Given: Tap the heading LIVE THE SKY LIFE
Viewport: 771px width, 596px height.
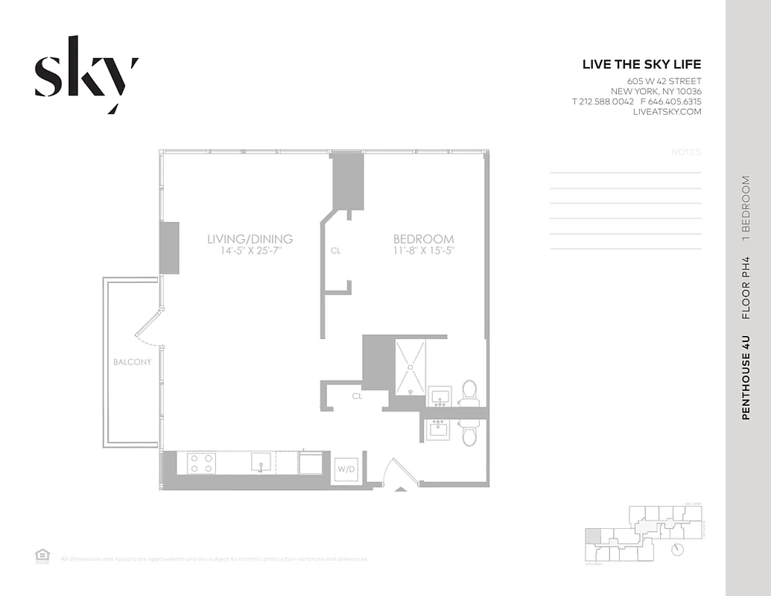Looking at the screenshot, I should point(641,65).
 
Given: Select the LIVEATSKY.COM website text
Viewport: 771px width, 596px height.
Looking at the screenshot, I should point(667,112).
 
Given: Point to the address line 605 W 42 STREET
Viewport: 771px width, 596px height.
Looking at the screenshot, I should point(664,81).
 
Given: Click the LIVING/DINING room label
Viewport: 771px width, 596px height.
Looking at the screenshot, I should point(250,239).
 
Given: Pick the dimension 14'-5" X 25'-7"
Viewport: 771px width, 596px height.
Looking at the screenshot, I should point(250,251).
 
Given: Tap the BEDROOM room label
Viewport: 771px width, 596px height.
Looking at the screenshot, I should point(423,239).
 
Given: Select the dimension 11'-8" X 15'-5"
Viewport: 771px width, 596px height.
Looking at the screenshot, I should point(423,251).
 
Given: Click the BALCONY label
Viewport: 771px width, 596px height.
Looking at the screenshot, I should point(132,362).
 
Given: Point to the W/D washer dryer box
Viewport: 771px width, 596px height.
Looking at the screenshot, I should point(346,469).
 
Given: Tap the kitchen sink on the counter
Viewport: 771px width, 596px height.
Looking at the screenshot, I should point(260,463).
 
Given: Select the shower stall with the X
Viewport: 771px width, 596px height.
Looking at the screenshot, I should point(410,367).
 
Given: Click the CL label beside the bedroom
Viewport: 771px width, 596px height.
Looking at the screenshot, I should point(335,251).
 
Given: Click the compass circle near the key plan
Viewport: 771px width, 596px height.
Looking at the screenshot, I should point(676,550).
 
